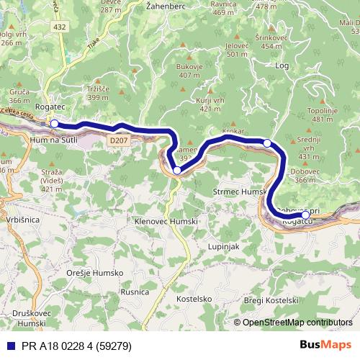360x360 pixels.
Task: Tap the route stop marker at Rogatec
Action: coord(54,124)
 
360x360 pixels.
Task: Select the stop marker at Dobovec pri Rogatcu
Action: coord(305,215)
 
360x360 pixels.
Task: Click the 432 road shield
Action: coord(61,26)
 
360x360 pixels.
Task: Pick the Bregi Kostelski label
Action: coord(270,300)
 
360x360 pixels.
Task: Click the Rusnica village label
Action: coord(135,292)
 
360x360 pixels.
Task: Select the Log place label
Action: coord(282,65)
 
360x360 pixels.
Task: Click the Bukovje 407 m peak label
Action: coord(189,71)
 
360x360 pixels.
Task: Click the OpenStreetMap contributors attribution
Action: coord(297,322)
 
